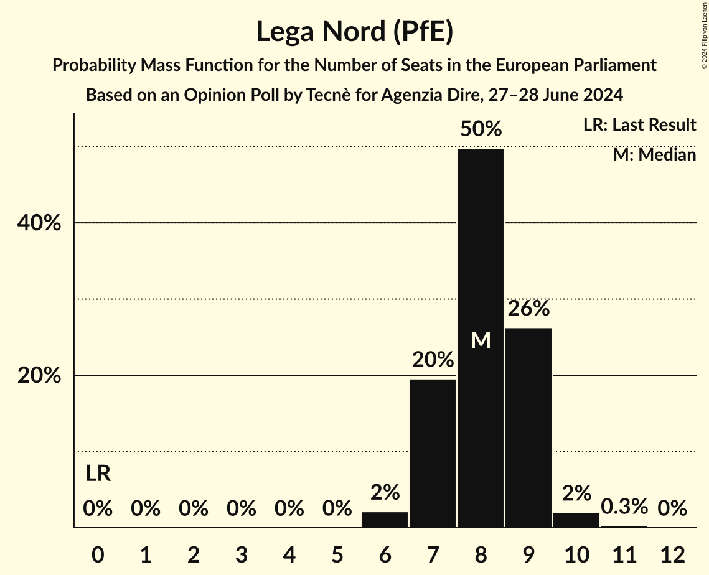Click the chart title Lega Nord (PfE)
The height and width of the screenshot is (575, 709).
tap(354, 32)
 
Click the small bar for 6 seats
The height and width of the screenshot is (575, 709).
tap(385, 520)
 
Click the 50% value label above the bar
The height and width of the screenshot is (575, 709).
tap(481, 129)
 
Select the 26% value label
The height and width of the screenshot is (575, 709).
tap(528, 308)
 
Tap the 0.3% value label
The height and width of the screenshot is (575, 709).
tap(624, 507)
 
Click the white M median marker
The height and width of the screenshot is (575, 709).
tap(481, 340)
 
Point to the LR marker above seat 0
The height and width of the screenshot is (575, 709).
tap(98, 474)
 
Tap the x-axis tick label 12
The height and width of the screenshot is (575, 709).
tap(672, 554)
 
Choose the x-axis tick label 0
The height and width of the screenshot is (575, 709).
tap(98, 554)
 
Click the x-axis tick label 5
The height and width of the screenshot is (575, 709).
tap(337, 554)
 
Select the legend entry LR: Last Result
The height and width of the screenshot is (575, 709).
tap(639, 125)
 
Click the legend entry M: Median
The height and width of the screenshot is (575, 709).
tap(654, 154)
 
